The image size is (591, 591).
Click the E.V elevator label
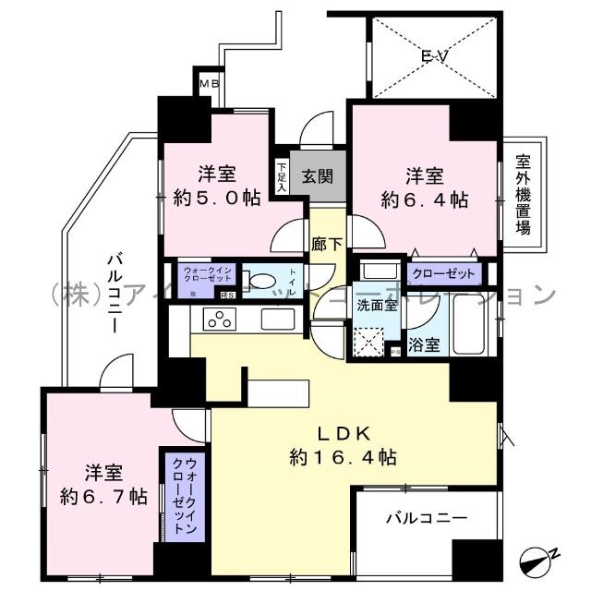point(430,56)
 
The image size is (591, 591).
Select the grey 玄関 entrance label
point(317,172)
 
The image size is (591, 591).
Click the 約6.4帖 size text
point(426,199)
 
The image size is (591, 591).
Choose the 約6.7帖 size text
point(103,495)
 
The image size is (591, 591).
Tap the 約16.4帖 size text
point(344,456)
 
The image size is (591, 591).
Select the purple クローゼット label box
point(444,274)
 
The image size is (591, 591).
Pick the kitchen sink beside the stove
point(277,320)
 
